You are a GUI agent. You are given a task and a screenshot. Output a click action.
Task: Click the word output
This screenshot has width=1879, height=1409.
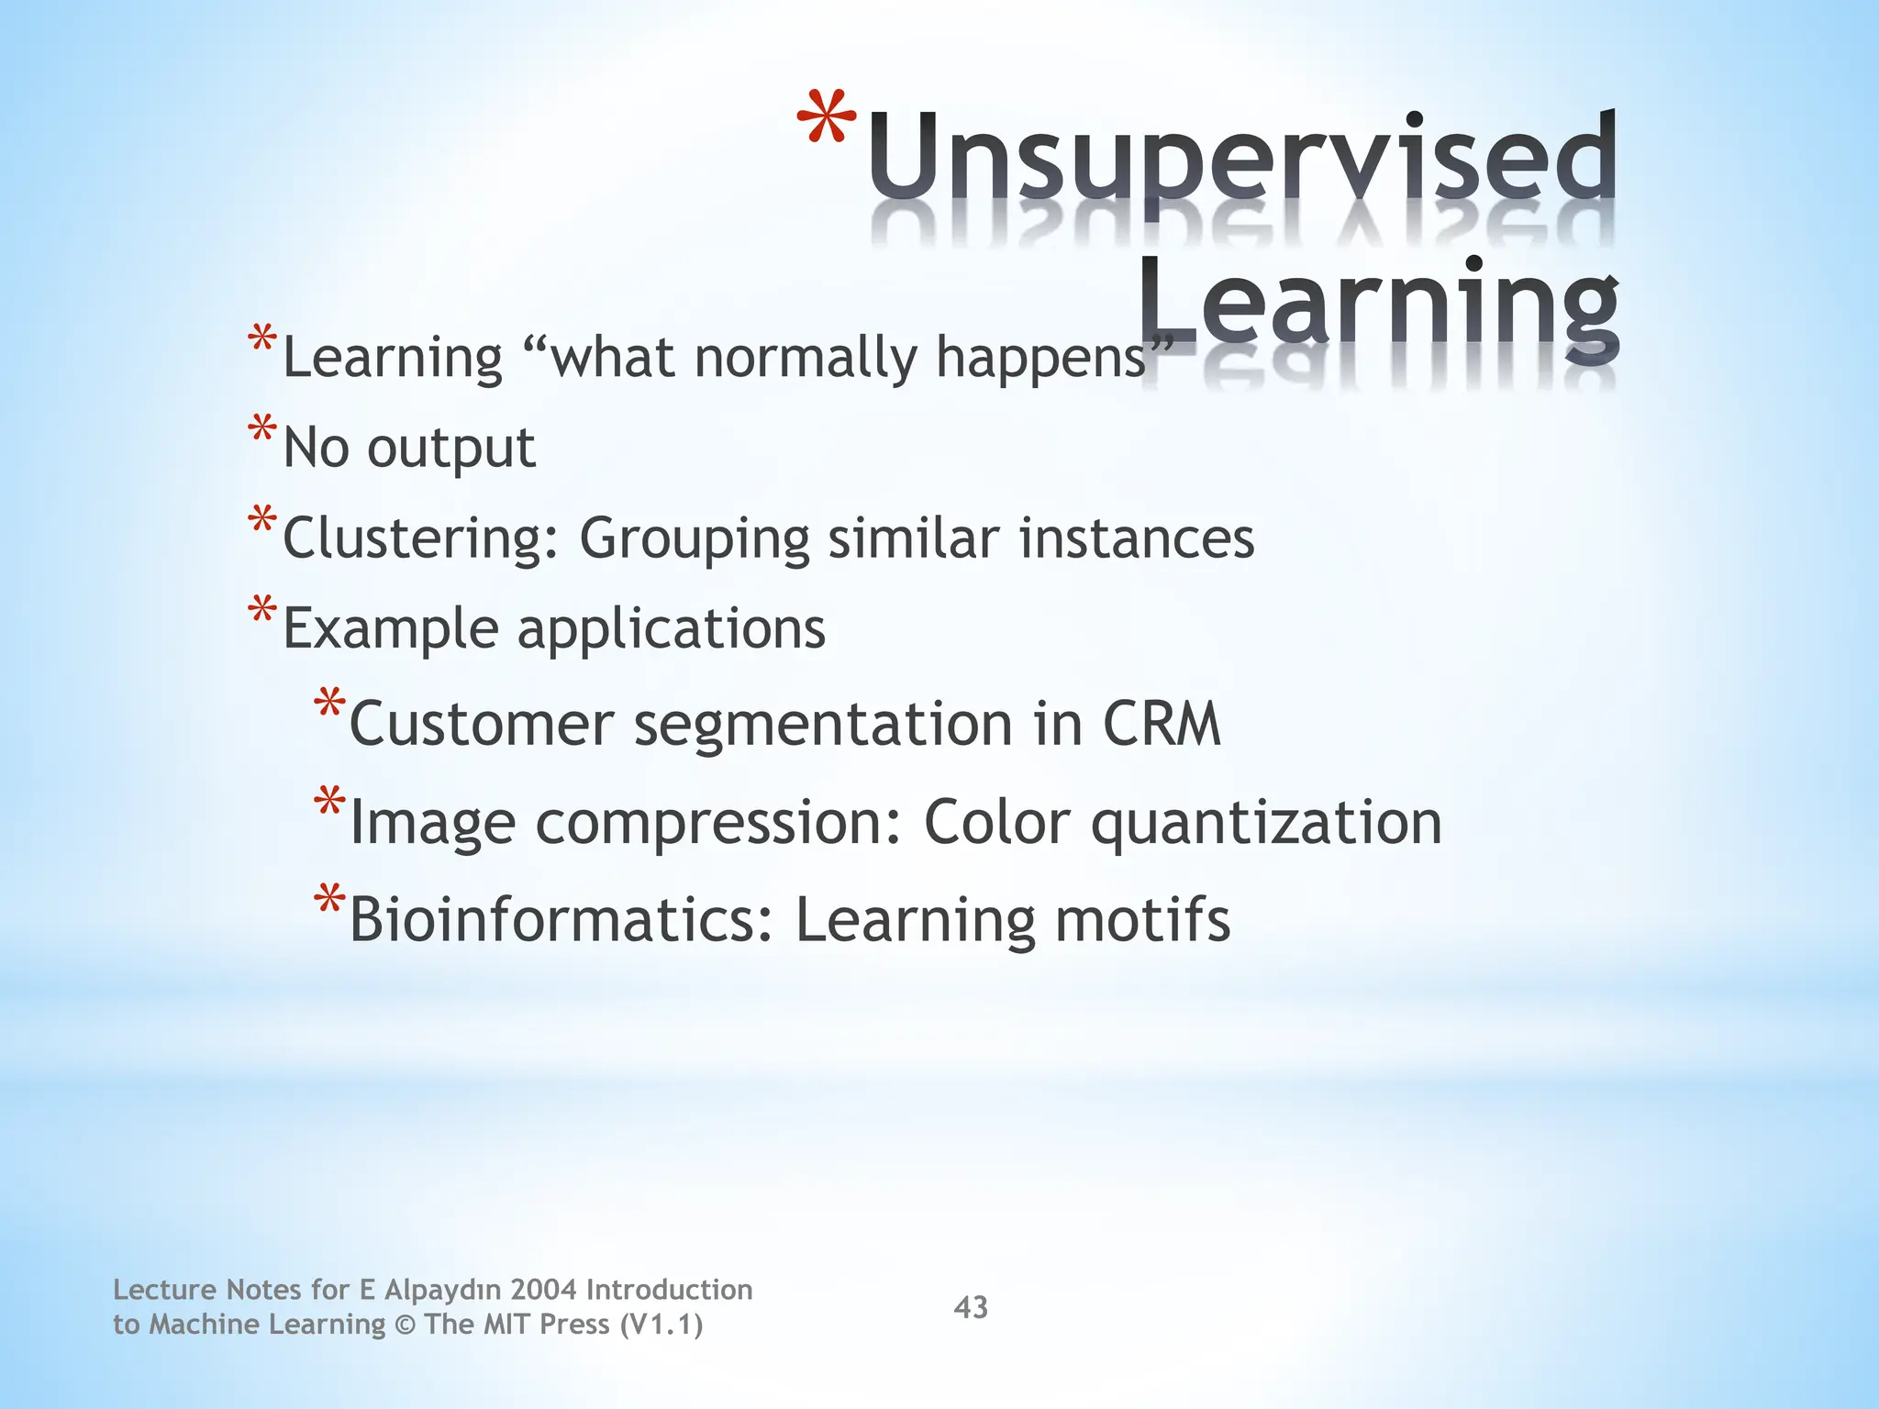(450, 449)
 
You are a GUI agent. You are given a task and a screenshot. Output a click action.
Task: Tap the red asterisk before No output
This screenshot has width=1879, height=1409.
(261, 430)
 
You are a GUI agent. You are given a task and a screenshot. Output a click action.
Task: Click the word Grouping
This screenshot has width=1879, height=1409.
(694, 538)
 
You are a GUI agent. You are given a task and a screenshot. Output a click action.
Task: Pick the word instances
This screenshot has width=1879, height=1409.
(1137, 538)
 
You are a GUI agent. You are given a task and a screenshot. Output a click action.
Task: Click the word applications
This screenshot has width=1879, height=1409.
(671, 630)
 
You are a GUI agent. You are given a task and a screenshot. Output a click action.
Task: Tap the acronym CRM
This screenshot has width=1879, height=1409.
(1162, 724)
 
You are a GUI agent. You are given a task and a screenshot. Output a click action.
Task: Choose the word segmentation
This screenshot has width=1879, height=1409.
(823, 726)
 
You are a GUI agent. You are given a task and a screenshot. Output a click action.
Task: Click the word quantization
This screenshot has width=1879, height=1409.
(1266, 823)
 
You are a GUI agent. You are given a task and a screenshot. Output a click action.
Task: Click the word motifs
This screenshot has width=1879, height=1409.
(1142, 919)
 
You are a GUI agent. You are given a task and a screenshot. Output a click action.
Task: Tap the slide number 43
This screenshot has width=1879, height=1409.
(971, 1307)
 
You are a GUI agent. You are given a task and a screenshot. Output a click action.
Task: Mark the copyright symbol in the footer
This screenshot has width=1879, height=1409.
(405, 1326)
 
